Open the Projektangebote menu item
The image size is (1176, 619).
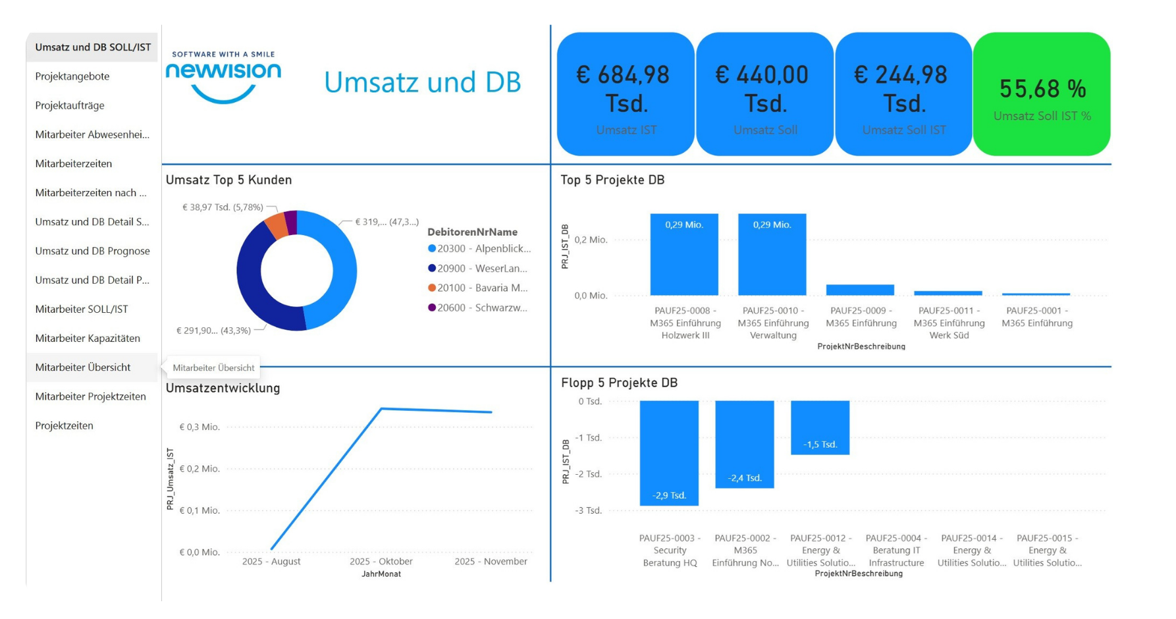pyautogui.click(x=72, y=76)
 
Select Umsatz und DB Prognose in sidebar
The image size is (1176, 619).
pyautogui.click(x=92, y=251)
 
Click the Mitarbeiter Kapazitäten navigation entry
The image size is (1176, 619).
pyautogui.click(x=88, y=338)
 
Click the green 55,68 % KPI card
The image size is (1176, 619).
pyautogui.click(x=1041, y=94)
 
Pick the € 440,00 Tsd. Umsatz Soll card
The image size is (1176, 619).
pyautogui.click(x=764, y=94)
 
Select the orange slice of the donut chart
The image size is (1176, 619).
pyautogui.click(x=277, y=226)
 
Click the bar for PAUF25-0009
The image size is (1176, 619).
pyautogui.click(x=860, y=290)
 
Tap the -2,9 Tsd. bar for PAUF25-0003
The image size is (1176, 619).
pyautogui.click(x=669, y=454)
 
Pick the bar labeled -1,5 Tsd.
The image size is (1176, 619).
pyautogui.click(x=820, y=428)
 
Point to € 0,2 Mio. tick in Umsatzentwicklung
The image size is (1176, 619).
pyautogui.click(x=200, y=469)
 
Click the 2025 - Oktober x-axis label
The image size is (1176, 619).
pyautogui.click(x=381, y=562)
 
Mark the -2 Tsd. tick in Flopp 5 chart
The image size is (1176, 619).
pyautogui.click(x=588, y=474)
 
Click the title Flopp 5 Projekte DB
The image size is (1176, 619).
pyautogui.click(x=619, y=383)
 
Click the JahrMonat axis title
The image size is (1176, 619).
pyautogui.click(x=381, y=574)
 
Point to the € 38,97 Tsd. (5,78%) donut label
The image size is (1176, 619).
pyautogui.click(x=223, y=207)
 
